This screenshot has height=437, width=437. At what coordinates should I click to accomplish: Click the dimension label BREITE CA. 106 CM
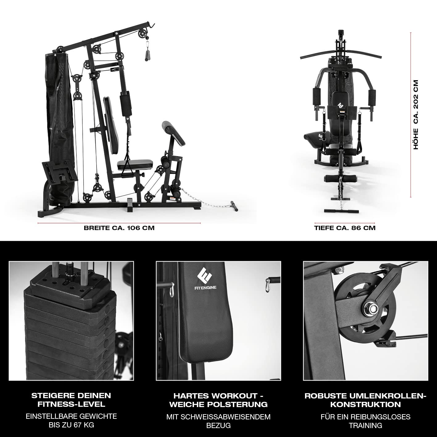(119, 228)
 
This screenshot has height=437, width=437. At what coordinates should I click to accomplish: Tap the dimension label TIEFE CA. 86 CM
(345, 228)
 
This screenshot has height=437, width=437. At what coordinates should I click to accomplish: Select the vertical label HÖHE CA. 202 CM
(416, 115)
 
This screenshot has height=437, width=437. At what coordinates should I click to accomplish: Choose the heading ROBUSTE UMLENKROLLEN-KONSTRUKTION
(365, 400)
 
